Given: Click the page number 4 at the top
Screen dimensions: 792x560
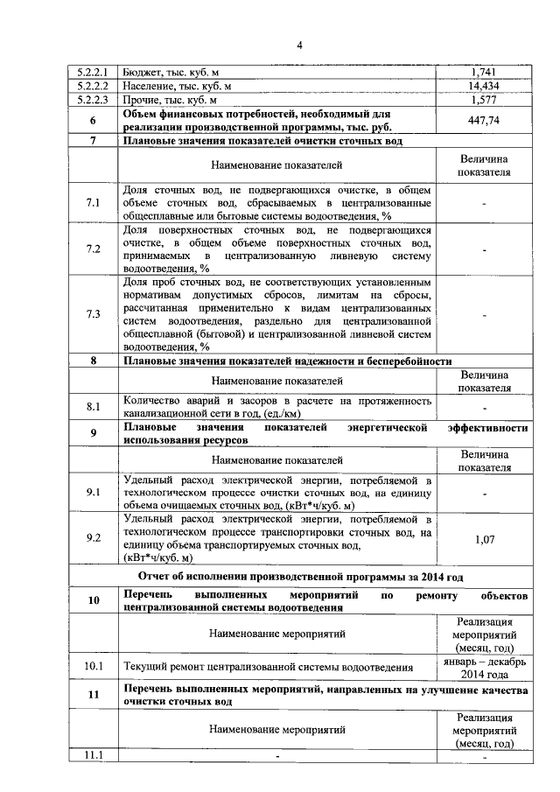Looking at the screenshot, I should [297, 45].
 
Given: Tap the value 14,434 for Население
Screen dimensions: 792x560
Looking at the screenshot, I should [484, 86].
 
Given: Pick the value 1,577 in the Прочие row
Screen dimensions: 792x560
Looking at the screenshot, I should [484, 101].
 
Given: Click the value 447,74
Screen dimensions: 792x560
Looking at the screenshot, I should [484, 122].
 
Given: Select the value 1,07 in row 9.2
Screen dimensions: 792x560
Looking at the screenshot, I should [484, 539].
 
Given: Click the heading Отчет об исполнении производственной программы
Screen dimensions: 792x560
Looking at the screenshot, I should [300, 577].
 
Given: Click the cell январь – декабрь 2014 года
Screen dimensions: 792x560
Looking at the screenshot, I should [484, 668].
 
